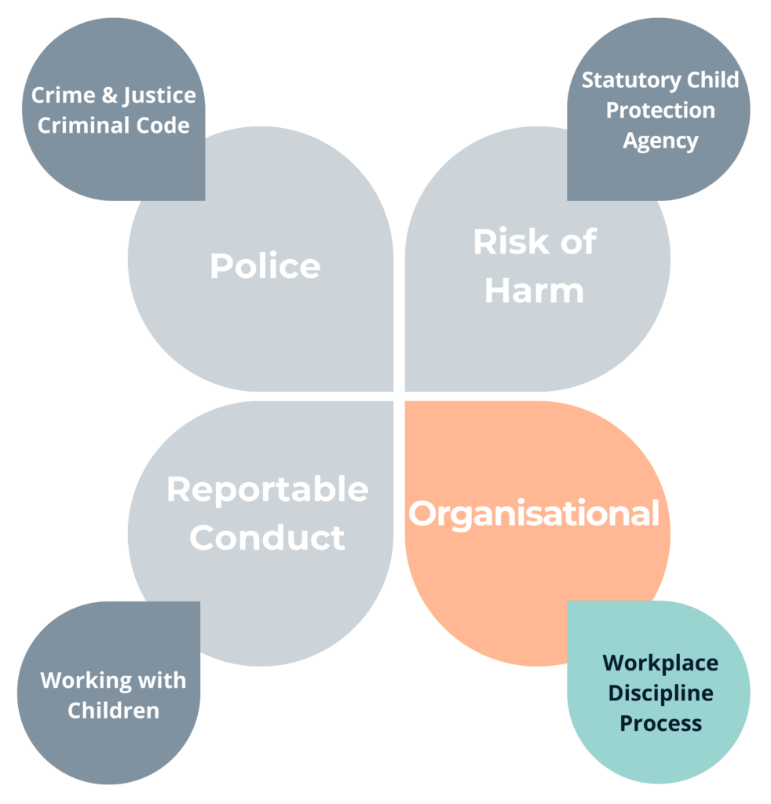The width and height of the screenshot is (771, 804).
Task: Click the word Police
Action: pyautogui.click(x=265, y=265)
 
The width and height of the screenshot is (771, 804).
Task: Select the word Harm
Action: pyautogui.click(x=534, y=291)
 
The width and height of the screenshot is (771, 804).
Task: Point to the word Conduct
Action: pyautogui.click(x=267, y=537)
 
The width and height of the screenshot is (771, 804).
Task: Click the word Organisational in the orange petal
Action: pyautogui.click(x=534, y=514)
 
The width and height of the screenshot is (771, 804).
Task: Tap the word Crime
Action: pyautogui.click(x=63, y=95)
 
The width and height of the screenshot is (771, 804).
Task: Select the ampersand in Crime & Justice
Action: pyautogui.click(x=109, y=95)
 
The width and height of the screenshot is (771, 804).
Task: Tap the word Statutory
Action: pyautogui.click(x=631, y=81)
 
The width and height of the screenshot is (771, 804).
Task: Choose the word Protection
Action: pyautogui.click(x=660, y=110)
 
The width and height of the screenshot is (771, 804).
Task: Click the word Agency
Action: pyautogui.click(x=660, y=141)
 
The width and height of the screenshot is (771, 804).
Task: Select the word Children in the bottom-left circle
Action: pyautogui.click(x=113, y=711)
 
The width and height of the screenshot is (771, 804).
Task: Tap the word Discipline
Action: pyautogui.click(x=660, y=694)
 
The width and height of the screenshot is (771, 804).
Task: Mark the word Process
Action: pyautogui.click(x=660, y=723)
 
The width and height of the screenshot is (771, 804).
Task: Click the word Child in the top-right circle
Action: pyautogui.click(x=713, y=80)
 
